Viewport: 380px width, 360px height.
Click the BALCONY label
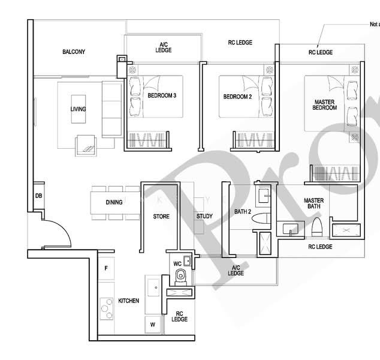pyautogui.click(x=74, y=52)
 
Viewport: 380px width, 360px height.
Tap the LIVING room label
pyautogui.click(x=78, y=109)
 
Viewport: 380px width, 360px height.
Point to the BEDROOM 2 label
pyautogui.click(x=237, y=96)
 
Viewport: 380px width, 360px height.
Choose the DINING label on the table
pyautogui.click(x=114, y=202)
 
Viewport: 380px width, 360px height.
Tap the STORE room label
pyautogui.click(x=161, y=217)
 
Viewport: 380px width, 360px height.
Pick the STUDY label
pyautogui.click(x=204, y=217)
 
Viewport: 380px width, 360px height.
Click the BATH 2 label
pyautogui.click(x=242, y=212)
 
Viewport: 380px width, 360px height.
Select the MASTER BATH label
pyautogui.click(x=314, y=204)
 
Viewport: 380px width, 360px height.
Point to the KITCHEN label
pyautogui.click(x=129, y=301)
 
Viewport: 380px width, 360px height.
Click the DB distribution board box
pyautogui.click(x=38, y=196)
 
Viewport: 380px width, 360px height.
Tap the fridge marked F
pyautogui.click(x=106, y=268)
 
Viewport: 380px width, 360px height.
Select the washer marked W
pyautogui.click(x=152, y=325)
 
